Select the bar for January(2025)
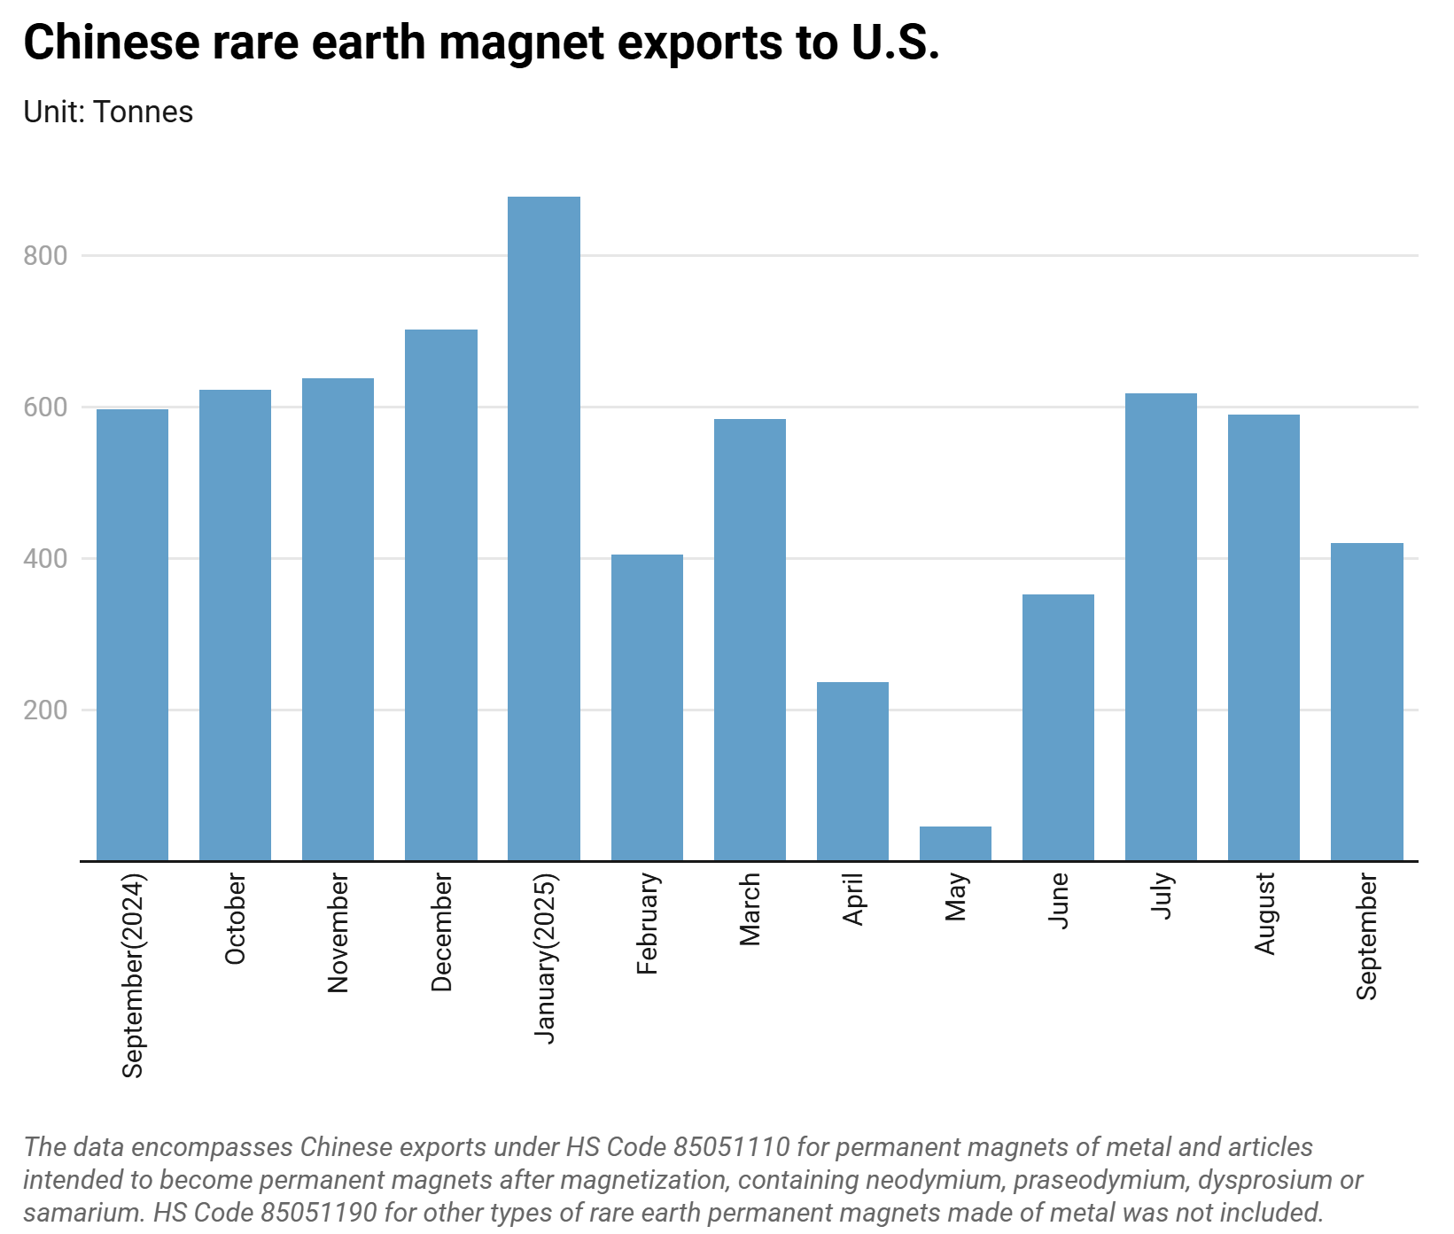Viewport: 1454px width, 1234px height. tap(543, 528)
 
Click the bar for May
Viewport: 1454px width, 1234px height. tap(955, 843)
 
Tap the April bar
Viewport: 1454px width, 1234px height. tap(852, 771)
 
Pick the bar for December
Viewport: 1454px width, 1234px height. tap(440, 594)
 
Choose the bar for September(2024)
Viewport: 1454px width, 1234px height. tap(132, 634)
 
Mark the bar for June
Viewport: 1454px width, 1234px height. tap(1058, 727)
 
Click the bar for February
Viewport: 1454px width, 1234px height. tap(647, 707)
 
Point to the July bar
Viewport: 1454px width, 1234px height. tap(1161, 626)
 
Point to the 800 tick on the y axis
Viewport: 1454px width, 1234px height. tap(45, 256)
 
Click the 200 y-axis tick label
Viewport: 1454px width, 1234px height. tap(45, 710)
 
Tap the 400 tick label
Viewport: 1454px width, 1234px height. tap(45, 559)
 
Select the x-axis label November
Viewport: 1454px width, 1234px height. tap(338, 933)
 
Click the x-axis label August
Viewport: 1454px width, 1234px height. tap(1264, 913)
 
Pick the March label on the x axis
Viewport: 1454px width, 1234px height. tap(750, 910)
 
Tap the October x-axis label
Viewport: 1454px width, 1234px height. tap(236, 919)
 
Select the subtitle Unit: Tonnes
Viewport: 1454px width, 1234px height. tap(108, 113)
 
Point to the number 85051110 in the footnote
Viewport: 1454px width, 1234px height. tap(731, 1147)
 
